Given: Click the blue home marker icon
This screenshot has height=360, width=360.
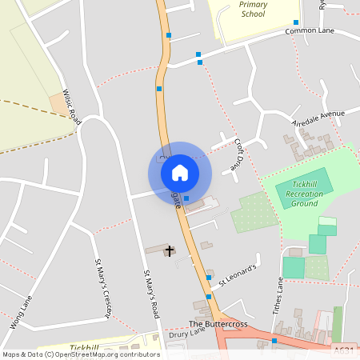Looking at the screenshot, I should click(180, 173).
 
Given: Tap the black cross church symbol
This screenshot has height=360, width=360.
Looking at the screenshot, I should click(170, 251).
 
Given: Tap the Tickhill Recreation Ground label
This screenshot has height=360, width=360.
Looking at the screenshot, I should click(305, 193).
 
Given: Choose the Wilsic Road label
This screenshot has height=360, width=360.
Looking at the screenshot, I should click(72, 106).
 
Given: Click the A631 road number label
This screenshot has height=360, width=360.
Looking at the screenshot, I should click(344, 349).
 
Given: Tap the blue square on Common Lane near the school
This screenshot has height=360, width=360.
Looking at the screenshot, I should click(296, 22).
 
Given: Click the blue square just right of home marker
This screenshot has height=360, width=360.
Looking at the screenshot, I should click(186, 198).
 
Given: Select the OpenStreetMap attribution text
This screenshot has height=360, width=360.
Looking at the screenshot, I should click(81, 354).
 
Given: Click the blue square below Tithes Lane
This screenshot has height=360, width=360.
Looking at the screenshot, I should click(274, 342).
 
